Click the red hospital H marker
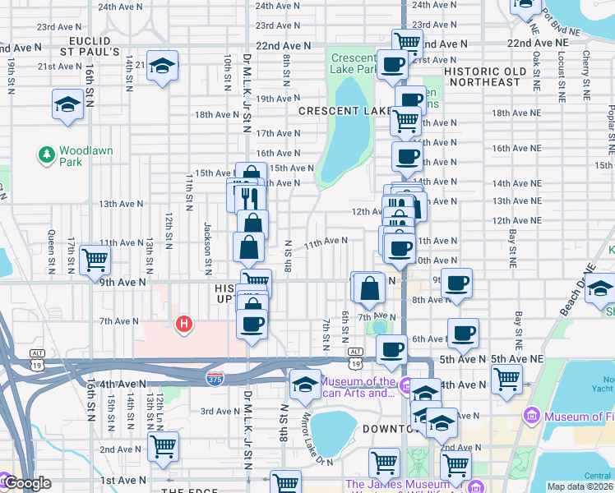[185, 325]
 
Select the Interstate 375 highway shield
[214, 377]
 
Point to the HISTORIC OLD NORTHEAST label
[483, 76]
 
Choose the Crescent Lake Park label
[354, 63]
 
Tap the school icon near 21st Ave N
[163, 67]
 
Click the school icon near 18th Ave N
[67, 104]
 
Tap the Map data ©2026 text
[580, 486]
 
